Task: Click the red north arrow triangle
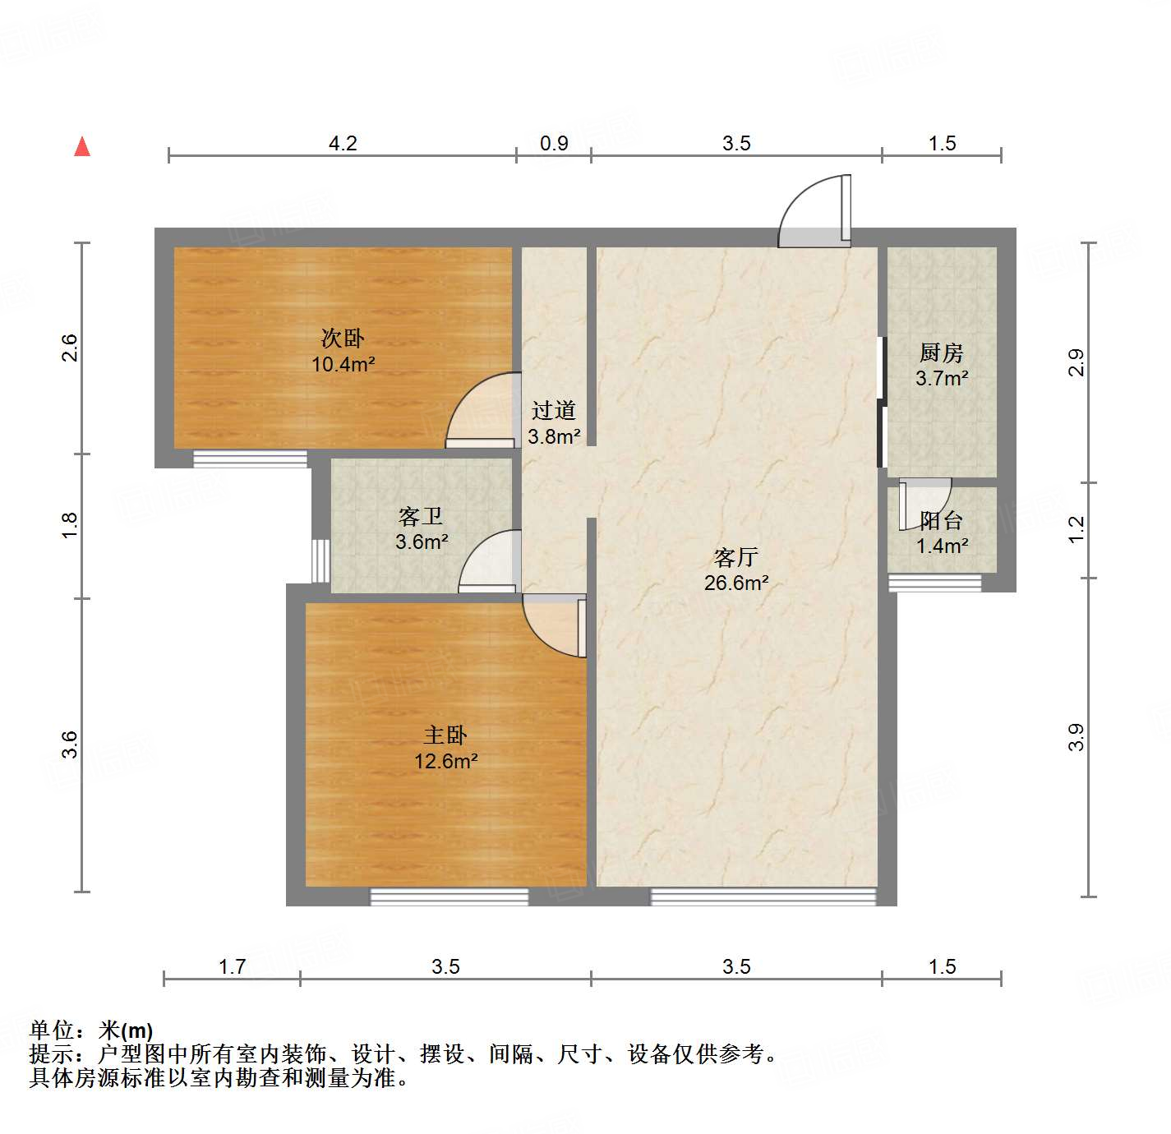82,146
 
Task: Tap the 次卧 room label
343,338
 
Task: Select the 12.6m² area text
446,762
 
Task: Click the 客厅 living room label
735,558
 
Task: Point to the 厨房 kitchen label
942,353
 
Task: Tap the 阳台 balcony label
942,520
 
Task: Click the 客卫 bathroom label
421,516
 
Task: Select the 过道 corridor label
554,410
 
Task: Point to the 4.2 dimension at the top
343,144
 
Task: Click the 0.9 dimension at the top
554,144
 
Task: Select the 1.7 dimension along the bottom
232,966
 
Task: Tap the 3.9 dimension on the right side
1076,737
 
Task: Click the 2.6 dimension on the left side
70,348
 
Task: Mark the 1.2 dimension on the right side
1076,529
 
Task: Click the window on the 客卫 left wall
320,560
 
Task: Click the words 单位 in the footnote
52,1030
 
